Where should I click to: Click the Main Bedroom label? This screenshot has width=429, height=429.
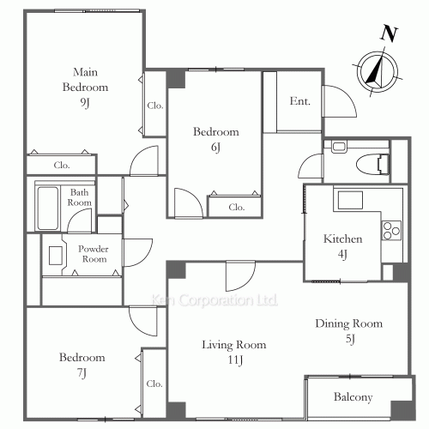pyautogui.click(x=85, y=87)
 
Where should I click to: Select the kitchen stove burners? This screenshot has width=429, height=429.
pyautogui.click(x=391, y=231)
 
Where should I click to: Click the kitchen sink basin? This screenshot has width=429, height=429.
pyautogui.click(x=350, y=200)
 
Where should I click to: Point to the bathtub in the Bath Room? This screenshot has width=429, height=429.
pyautogui.click(x=48, y=208)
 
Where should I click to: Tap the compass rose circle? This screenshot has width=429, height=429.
pyautogui.click(x=378, y=71)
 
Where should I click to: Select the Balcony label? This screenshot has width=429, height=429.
pyautogui.click(x=353, y=397)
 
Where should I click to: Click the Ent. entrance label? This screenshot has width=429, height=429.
pyautogui.click(x=299, y=101)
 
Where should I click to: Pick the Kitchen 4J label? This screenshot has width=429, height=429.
pyautogui.click(x=342, y=246)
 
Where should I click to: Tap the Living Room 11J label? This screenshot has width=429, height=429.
pyautogui.click(x=234, y=352)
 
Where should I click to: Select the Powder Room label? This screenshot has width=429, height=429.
pyautogui.click(x=94, y=254)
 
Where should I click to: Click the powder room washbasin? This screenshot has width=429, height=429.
pyautogui.click(x=56, y=256)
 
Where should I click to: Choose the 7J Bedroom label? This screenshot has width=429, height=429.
pyautogui.click(x=82, y=365)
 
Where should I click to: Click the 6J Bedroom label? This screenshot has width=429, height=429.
pyautogui.click(x=216, y=139)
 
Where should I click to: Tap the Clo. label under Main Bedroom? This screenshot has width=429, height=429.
pyautogui.click(x=62, y=165)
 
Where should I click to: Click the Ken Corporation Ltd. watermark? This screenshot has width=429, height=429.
pyautogui.click(x=214, y=299)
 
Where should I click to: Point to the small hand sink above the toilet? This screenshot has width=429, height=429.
pyautogui.click(x=339, y=146)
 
